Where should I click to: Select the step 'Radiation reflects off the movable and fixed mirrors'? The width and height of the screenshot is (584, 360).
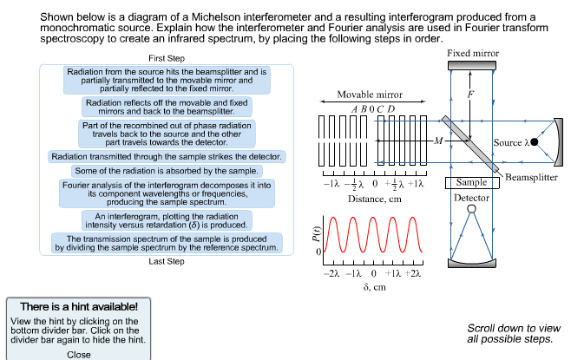coord(167,107)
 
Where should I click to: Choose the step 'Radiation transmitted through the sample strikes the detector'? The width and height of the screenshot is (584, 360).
coord(167,157)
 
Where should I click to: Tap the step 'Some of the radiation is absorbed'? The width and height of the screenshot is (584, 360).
coord(167,171)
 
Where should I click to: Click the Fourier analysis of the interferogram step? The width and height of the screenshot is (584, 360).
coord(167,193)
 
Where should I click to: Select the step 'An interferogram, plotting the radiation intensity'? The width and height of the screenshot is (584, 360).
coord(167,220)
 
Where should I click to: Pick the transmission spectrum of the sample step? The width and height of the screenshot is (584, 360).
coord(167,243)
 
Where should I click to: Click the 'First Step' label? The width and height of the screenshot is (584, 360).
coord(167,57)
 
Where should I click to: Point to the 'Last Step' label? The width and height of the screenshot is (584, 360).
coord(167,261)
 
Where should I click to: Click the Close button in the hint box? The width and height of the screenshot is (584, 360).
coord(79,354)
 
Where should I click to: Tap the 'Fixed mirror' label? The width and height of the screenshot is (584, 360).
coord(473,54)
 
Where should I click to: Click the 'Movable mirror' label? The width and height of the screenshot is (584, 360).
coord(370,95)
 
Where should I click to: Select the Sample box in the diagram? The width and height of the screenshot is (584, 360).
coord(471,183)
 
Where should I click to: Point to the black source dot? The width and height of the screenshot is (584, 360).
coord(535,141)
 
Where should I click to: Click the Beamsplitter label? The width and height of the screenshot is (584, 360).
coord(531,177)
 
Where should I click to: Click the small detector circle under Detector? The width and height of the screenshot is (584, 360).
coord(471,209)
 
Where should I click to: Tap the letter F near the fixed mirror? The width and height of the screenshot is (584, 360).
coord(471,94)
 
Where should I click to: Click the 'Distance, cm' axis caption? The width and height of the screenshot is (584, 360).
coord(374,199)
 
